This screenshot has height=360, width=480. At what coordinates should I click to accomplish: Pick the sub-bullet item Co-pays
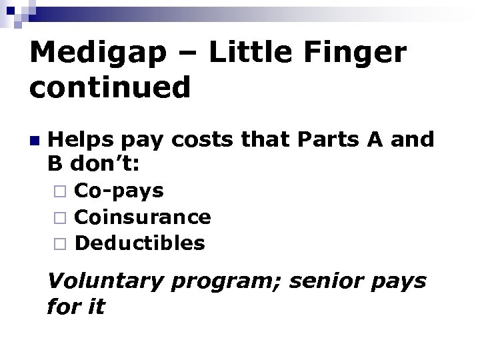(x=119, y=191)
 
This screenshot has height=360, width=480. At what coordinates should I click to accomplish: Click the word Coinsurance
(x=143, y=217)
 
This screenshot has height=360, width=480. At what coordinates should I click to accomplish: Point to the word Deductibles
(x=140, y=243)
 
